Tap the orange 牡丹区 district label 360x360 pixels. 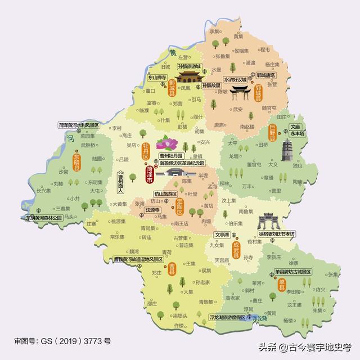pos(145,152)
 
